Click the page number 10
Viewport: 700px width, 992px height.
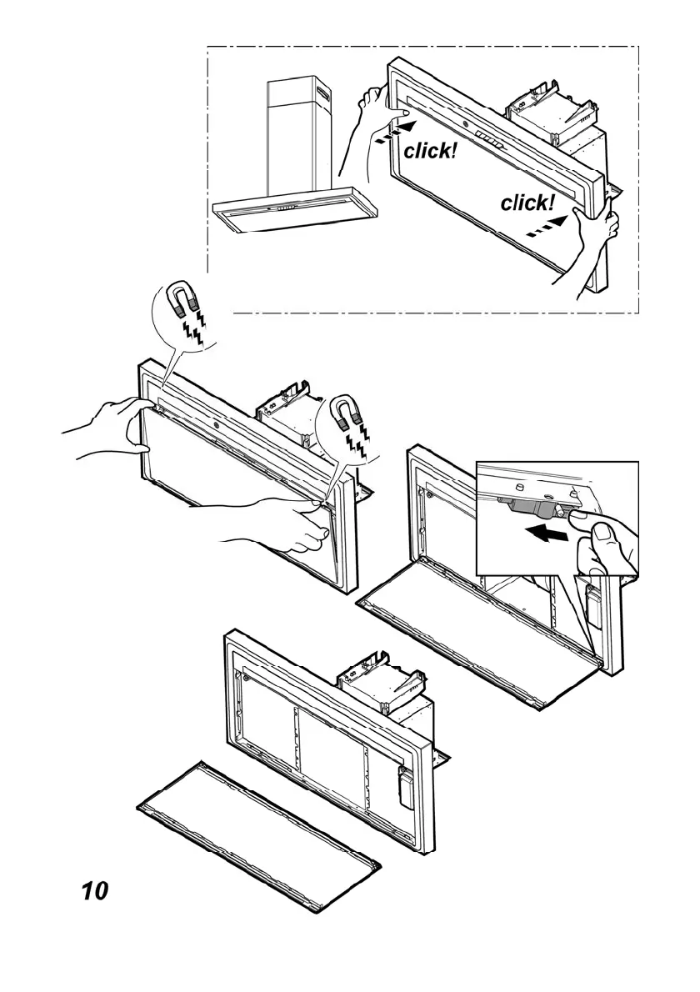(x=94, y=890)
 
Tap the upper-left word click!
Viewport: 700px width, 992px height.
(x=430, y=151)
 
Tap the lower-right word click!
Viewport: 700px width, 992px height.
(x=527, y=203)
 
